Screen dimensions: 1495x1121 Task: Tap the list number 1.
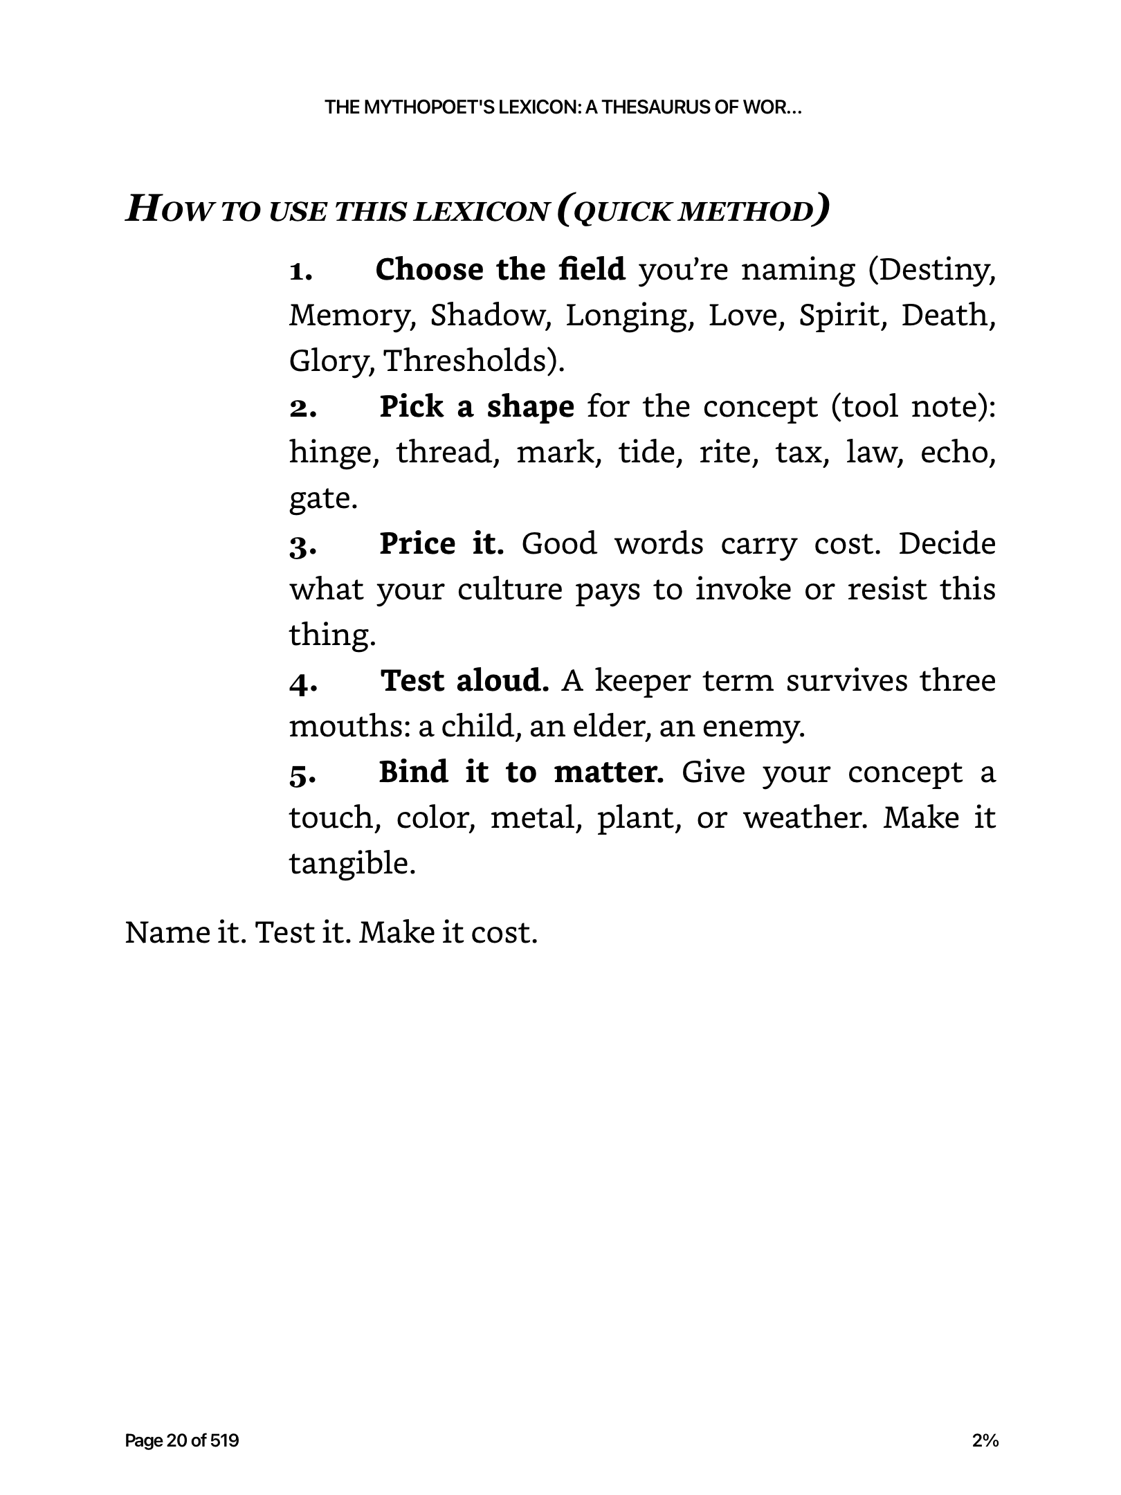300,271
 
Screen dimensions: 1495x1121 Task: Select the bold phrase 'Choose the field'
500,269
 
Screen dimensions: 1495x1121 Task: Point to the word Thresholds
474,361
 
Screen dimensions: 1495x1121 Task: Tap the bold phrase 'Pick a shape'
477,406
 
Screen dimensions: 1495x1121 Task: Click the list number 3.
302,546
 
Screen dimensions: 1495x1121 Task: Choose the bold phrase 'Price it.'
441,543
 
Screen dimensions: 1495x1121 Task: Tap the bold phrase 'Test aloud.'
465,680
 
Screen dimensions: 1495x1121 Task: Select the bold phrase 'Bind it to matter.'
521,772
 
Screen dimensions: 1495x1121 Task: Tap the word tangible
352,864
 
